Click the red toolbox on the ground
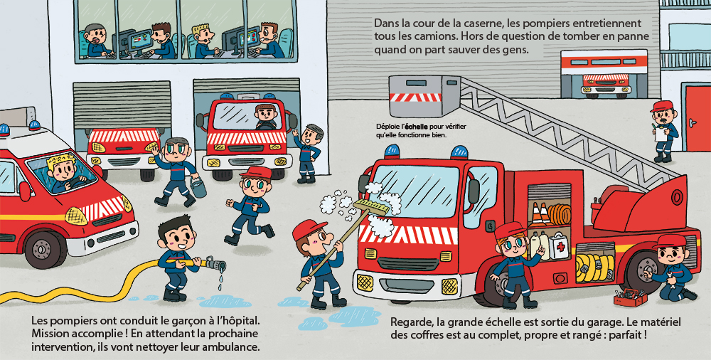coord(630,298)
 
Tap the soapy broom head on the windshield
coord(371,207)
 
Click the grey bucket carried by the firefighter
coord(198,186)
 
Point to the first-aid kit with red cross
coord(559,248)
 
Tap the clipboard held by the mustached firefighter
coord(660,134)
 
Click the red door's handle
coord(692,122)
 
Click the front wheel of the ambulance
coord(42,249)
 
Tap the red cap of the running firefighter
coord(255,172)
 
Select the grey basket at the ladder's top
coord(424,96)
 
